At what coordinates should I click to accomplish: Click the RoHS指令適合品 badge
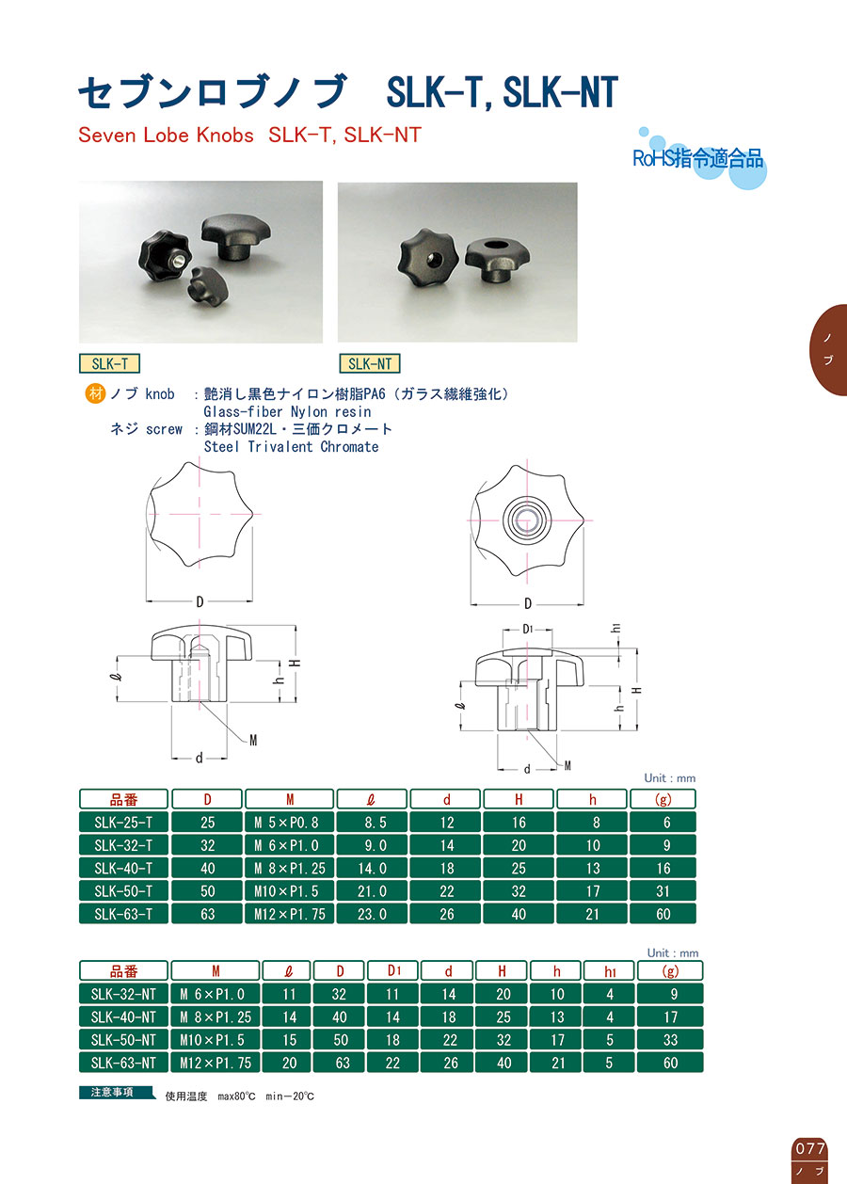point(698,158)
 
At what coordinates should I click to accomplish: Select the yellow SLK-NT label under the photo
point(369,363)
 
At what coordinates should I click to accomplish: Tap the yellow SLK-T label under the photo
point(109,363)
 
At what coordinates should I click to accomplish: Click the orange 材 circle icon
point(96,394)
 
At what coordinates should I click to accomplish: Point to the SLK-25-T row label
point(123,823)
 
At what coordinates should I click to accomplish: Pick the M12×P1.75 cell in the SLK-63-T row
point(290,914)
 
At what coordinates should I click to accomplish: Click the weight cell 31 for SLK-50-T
point(663,891)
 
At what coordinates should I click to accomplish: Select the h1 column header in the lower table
point(610,971)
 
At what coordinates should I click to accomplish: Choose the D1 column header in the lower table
point(393,971)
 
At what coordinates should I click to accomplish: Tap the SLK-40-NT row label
point(123,1017)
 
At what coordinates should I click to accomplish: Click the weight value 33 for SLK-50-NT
point(670,1040)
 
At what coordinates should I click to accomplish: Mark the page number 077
point(810,1148)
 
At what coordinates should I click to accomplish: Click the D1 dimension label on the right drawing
point(527,629)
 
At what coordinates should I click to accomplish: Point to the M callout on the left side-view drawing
point(253,741)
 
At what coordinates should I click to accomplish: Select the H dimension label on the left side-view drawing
point(297,663)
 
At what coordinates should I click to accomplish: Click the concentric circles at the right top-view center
point(523,521)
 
